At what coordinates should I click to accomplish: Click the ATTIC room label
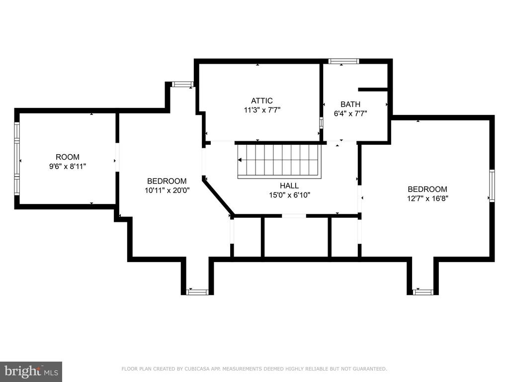(x=261, y=100)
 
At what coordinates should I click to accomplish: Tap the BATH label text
(x=350, y=104)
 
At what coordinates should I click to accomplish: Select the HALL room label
(x=289, y=186)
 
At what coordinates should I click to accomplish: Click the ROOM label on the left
(x=68, y=157)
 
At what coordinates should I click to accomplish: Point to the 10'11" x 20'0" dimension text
(x=167, y=191)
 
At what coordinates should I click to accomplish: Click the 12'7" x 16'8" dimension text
(x=427, y=198)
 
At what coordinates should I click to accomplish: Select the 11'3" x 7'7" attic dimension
(x=262, y=110)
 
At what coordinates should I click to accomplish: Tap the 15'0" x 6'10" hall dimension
(x=290, y=195)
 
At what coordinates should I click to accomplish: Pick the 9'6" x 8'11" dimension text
(x=68, y=167)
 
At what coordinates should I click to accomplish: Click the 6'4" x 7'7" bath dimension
(x=350, y=114)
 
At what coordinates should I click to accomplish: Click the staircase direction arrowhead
(x=240, y=160)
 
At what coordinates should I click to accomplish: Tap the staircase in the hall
(x=279, y=161)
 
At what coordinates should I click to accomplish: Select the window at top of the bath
(x=344, y=61)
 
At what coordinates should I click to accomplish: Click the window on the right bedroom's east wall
(x=492, y=186)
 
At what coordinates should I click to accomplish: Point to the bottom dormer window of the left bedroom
(x=197, y=292)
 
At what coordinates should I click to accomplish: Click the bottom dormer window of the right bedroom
(x=423, y=292)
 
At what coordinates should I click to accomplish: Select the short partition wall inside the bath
(x=373, y=90)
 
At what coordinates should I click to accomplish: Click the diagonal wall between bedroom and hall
(x=218, y=196)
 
